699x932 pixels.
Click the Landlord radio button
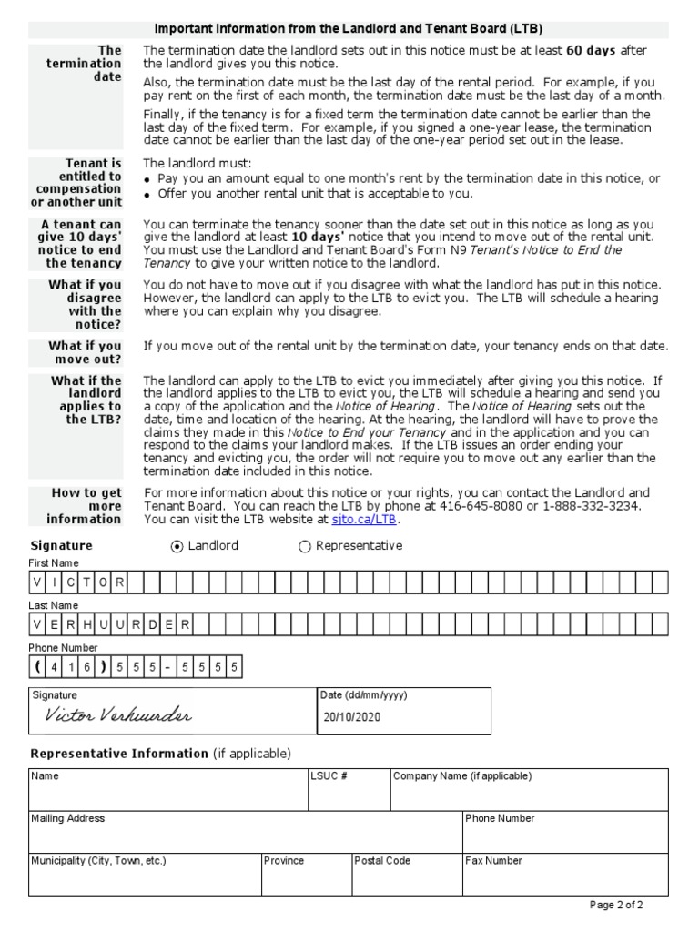[x=177, y=546]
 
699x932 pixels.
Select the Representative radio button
[x=305, y=546]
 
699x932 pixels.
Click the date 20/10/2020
[x=351, y=716]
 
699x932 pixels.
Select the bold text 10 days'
[x=322, y=237]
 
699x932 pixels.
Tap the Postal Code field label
[x=382, y=860]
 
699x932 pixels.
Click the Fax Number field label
[x=493, y=860]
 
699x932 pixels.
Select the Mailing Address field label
[x=68, y=818]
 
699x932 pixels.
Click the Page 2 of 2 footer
[x=616, y=905]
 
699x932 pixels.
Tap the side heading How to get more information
[x=86, y=506]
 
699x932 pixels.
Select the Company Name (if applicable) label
[x=462, y=776]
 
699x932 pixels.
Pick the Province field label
[x=284, y=860]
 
